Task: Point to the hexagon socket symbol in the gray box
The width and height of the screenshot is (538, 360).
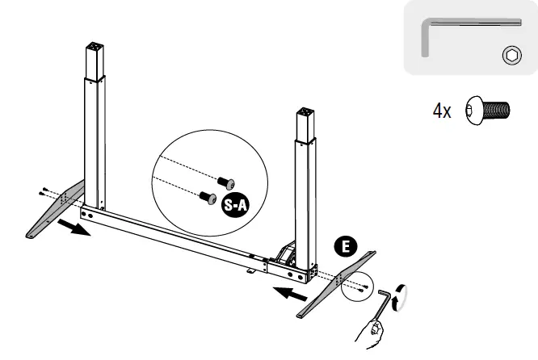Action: point(511,55)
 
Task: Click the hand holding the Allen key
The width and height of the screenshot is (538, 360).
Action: point(373,331)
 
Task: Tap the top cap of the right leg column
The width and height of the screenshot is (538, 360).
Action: point(305,112)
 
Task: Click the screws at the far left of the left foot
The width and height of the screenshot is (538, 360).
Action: point(41,192)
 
